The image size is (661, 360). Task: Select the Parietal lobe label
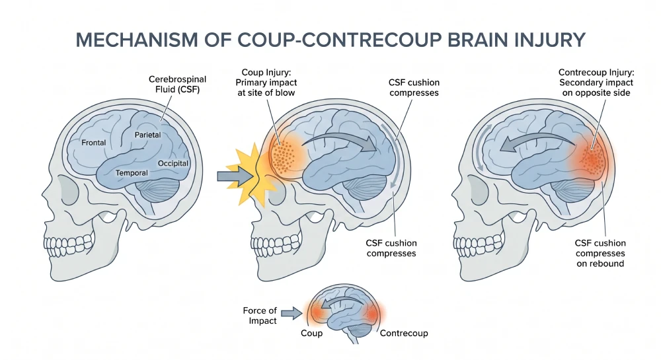(x=148, y=135)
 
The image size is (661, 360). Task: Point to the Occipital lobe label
(x=173, y=162)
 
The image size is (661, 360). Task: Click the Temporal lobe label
(x=132, y=173)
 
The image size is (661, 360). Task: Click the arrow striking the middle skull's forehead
(x=232, y=176)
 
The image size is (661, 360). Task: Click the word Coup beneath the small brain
(x=311, y=334)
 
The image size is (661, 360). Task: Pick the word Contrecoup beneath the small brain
(x=404, y=334)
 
